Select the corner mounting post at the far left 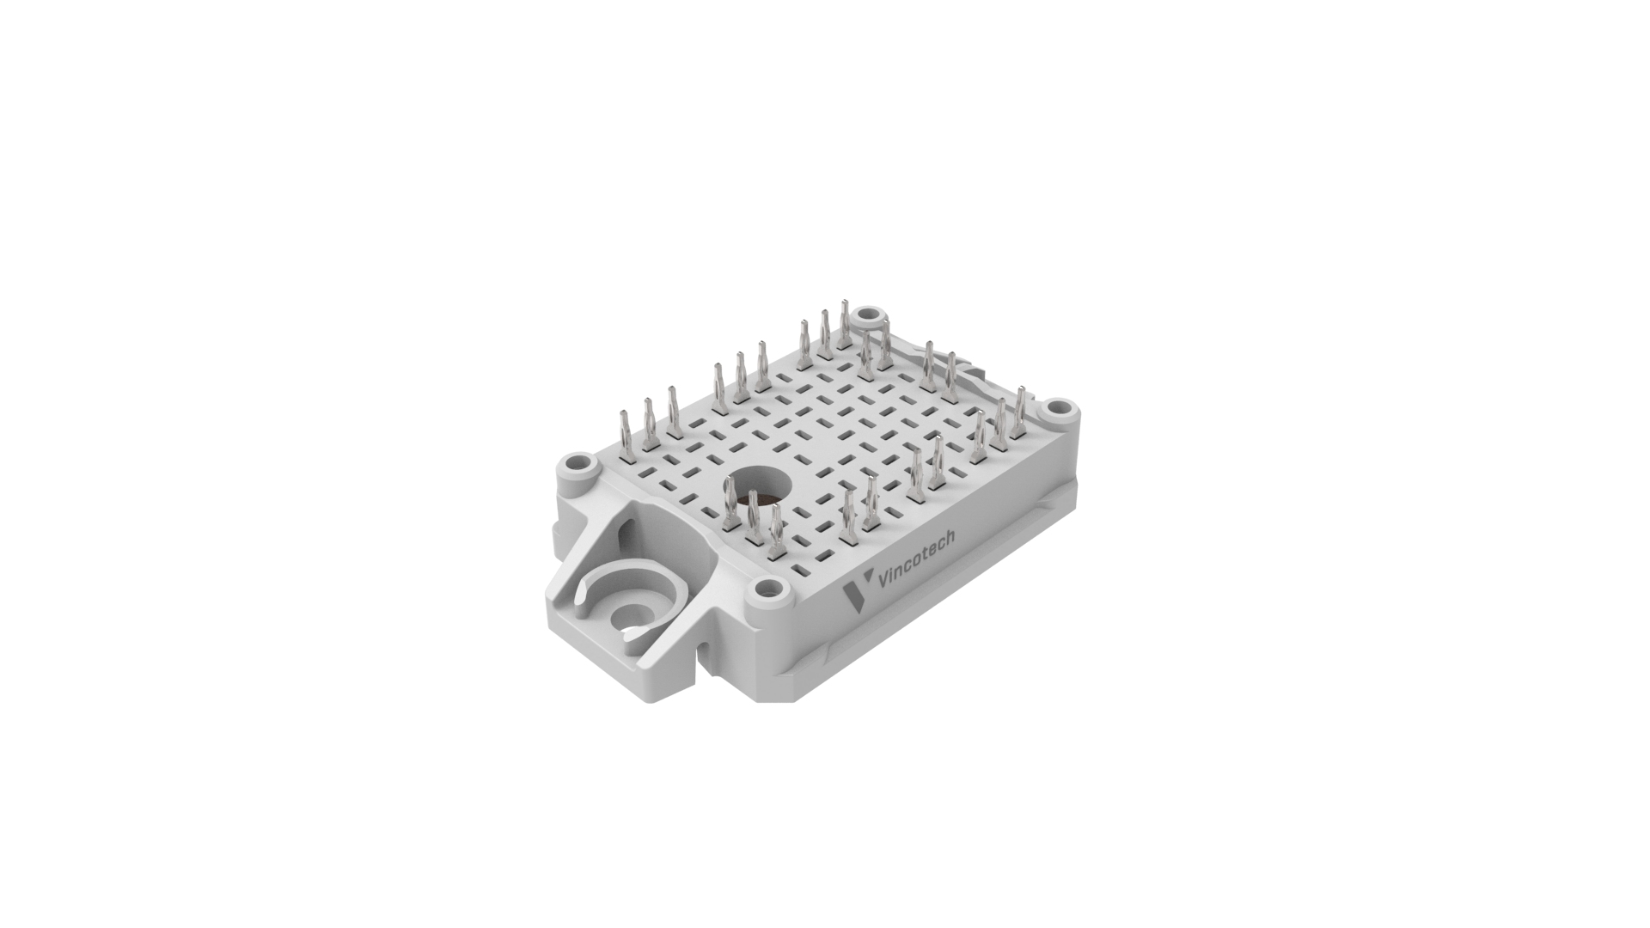pos(581,466)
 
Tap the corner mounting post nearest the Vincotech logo pos(768,591)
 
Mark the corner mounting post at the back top pos(870,314)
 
